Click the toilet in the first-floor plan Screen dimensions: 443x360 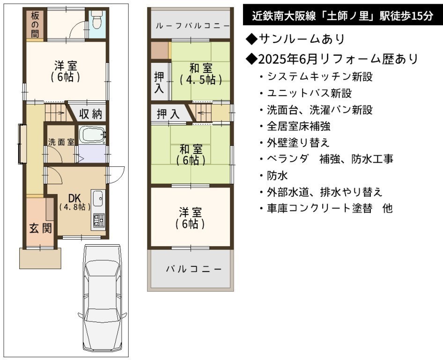pos(96,20)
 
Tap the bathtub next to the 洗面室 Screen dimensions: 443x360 pos(92,135)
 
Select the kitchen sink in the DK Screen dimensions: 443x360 pos(98,199)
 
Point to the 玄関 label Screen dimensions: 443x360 pos(41,228)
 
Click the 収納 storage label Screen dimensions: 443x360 pos(90,114)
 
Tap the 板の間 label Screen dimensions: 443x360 pos(35,25)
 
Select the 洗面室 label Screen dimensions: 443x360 pos(61,142)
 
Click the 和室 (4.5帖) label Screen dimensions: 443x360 pos(200,74)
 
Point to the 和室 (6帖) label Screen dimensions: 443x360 pos(191,155)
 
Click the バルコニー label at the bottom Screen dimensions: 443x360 pos(194,269)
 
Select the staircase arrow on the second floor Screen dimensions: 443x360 pos(202,113)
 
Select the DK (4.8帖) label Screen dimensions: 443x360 pos(75,202)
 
